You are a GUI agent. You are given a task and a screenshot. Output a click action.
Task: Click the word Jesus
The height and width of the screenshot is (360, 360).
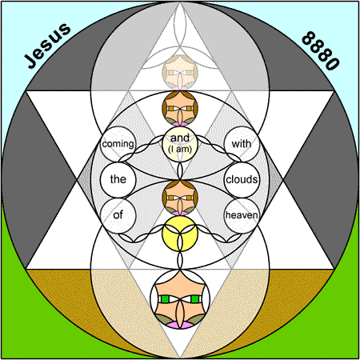47,46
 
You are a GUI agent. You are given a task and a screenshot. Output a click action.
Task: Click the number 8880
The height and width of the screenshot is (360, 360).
321,50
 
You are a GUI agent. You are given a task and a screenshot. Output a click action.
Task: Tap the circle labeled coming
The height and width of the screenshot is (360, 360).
118,144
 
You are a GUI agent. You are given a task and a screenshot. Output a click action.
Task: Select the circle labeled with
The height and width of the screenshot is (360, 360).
242,144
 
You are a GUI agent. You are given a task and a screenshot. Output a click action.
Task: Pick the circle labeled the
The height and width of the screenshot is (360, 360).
118,180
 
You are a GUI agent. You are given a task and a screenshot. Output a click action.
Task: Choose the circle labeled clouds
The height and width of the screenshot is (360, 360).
242,180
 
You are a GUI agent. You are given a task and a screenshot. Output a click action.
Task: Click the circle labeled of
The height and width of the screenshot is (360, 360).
118,215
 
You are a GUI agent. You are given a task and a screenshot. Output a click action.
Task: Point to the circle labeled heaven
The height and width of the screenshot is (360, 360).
242,215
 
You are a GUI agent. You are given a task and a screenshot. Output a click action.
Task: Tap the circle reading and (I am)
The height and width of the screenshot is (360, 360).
180,144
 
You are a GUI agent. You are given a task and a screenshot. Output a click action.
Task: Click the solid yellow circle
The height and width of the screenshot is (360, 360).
180,234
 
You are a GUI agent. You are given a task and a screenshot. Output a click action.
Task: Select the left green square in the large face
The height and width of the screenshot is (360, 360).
165,299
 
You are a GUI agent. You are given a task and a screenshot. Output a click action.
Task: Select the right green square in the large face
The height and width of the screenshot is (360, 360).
195,299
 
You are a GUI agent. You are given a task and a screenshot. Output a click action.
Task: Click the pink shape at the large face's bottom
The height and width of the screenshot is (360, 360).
180,325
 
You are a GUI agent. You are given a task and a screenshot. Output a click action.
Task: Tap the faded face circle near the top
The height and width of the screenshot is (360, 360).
180,73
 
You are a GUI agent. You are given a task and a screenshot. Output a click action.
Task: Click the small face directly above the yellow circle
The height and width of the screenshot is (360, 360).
180,198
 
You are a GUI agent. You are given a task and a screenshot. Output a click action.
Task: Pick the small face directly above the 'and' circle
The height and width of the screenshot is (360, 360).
180,108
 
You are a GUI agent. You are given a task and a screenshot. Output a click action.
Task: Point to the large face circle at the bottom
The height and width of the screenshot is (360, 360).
180,299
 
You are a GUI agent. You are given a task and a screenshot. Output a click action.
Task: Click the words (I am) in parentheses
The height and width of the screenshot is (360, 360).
180,149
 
